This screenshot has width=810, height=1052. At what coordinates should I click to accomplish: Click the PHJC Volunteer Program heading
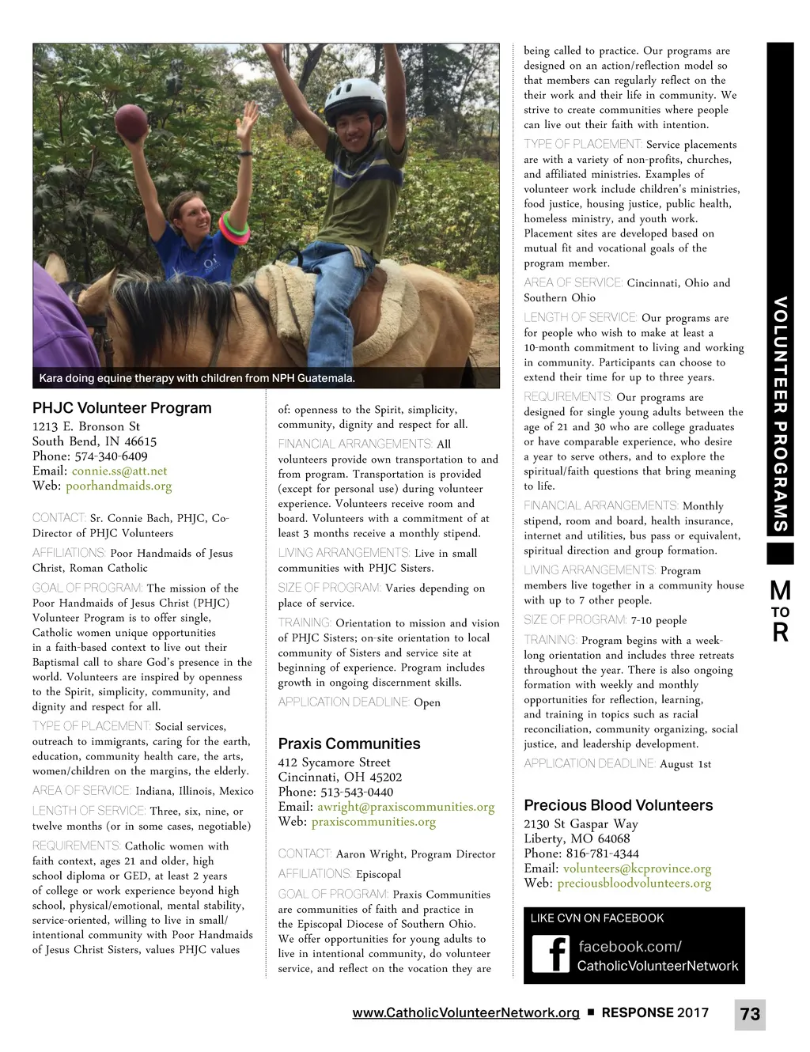pyautogui.click(x=122, y=408)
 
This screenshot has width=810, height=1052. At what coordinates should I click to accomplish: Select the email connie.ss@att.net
pyautogui.click(x=119, y=471)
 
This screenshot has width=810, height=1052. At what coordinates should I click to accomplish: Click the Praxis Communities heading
pyautogui.click(x=349, y=744)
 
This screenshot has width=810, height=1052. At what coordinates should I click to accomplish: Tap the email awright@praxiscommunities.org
pyautogui.click(x=406, y=807)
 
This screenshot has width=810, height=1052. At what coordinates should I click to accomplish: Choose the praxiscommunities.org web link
pyautogui.click(x=373, y=822)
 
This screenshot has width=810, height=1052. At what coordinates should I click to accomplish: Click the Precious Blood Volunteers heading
pyautogui.click(x=618, y=805)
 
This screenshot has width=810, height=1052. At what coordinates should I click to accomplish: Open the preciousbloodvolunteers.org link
pyautogui.click(x=634, y=883)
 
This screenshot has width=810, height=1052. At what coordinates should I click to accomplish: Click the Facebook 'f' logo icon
pyautogui.click(x=551, y=954)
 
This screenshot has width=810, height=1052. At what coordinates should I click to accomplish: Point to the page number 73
pyautogui.click(x=750, y=1014)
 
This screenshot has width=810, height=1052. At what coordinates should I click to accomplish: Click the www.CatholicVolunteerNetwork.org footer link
pyautogui.click(x=465, y=1013)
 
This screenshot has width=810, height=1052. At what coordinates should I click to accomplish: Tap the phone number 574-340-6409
pyautogui.click(x=111, y=456)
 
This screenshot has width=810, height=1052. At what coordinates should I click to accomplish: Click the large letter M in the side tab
pyautogui.click(x=780, y=590)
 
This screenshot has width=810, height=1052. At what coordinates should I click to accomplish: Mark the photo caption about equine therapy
pyautogui.click(x=197, y=378)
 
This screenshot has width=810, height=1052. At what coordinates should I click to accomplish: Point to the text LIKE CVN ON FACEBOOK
pyautogui.click(x=596, y=918)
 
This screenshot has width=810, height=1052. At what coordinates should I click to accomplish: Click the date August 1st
pyautogui.click(x=685, y=764)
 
